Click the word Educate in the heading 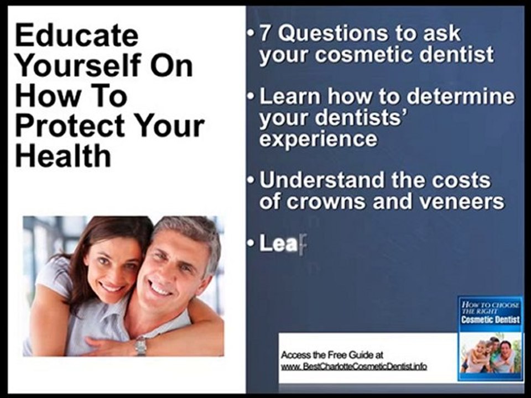[77, 35]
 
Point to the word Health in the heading [63, 156]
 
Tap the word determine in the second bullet [461, 96]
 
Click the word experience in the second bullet [319, 139]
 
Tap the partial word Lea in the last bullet [278, 243]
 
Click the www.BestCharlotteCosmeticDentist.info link [354, 366]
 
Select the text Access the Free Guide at [332, 355]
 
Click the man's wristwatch [140, 345]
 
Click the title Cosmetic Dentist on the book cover [491, 319]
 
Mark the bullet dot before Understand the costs [250, 180]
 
